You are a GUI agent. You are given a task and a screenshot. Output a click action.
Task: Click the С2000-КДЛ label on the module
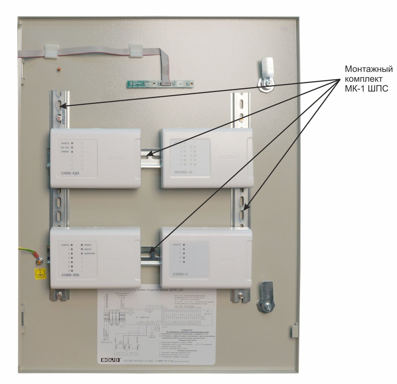[68, 174]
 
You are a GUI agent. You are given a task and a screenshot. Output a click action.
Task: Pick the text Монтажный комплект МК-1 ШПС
[368, 79]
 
